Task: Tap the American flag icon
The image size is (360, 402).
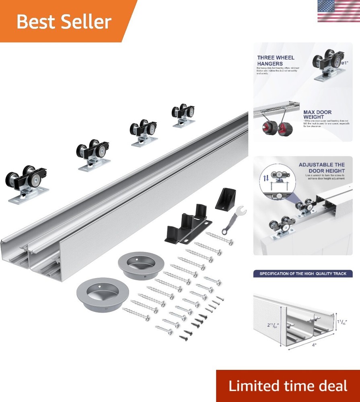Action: [x=338, y=11]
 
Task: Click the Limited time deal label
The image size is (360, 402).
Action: [x=288, y=386]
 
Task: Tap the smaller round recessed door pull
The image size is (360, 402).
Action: [x=138, y=265]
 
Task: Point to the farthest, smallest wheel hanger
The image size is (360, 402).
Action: [x=183, y=116]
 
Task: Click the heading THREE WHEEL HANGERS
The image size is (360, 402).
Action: [x=276, y=60]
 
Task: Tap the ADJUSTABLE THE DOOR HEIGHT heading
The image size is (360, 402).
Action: [x=321, y=168]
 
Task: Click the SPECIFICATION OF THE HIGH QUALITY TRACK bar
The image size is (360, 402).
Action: [x=302, y=274]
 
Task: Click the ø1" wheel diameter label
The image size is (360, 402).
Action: [x=344, y=63]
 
